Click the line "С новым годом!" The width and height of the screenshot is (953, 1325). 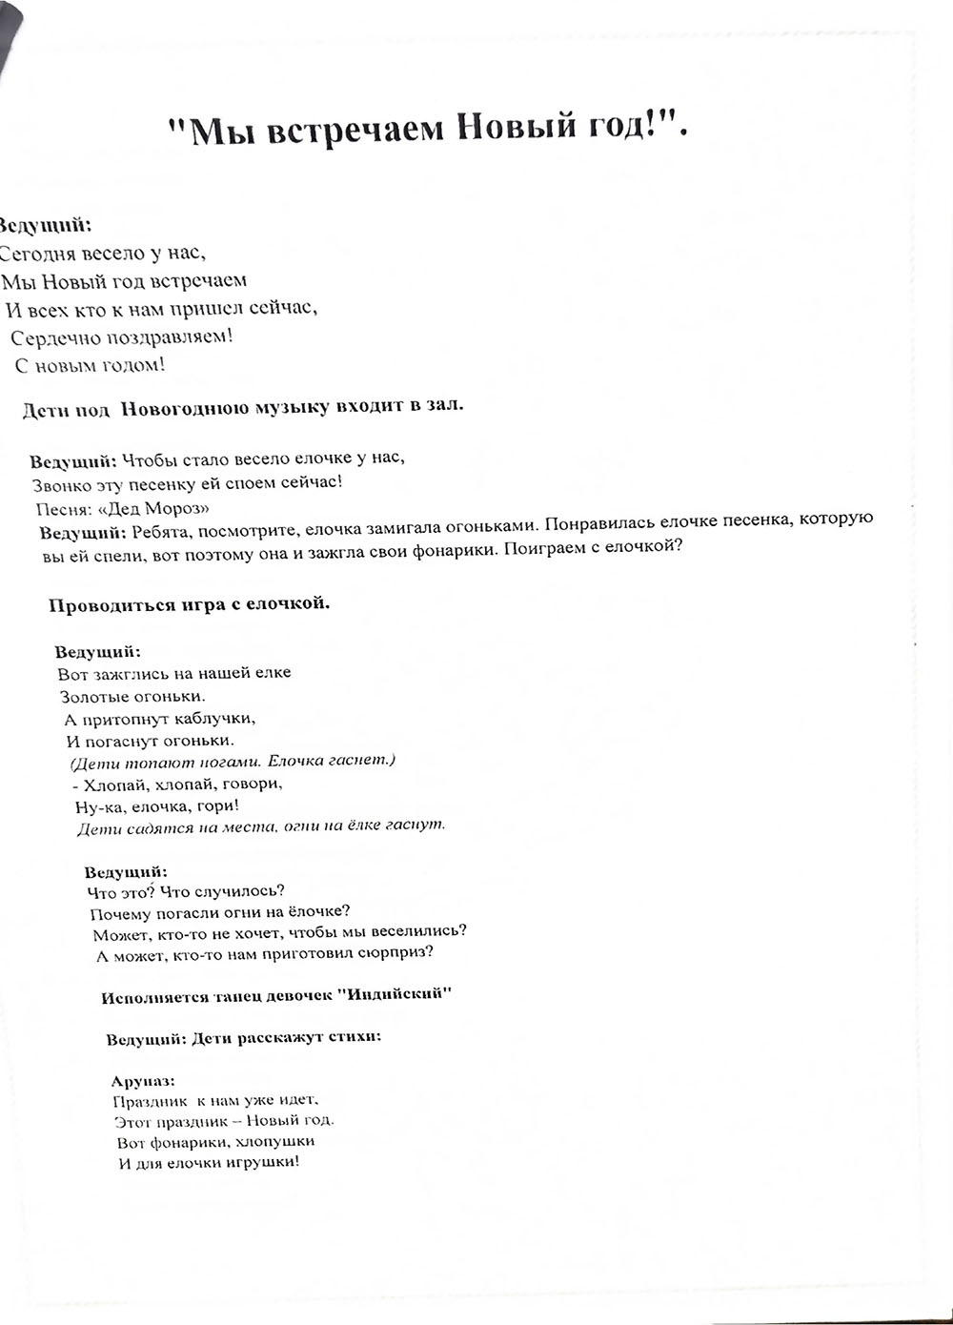pos(91,365)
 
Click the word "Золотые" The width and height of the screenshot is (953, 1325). pos(91,696)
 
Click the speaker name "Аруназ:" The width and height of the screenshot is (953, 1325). pos(143,1081)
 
